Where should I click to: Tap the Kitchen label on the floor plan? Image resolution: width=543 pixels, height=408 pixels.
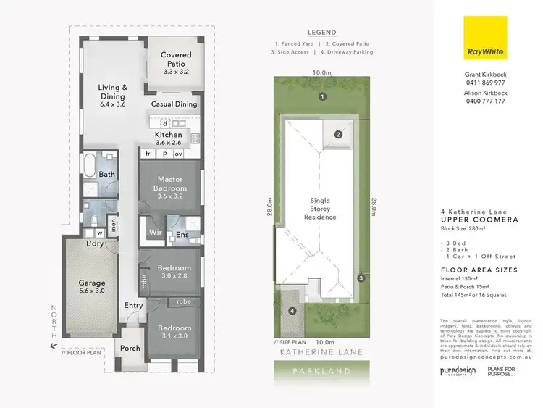pos(169,136)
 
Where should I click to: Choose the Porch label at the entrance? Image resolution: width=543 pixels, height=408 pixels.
pos(130,348)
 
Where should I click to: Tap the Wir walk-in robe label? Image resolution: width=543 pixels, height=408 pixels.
pos(155,233)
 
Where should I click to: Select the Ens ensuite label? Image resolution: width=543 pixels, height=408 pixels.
pos(182,234)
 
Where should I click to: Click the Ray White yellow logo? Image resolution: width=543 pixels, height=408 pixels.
pos(485,37)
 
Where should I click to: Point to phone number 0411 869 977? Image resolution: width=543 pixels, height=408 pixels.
pos(485,83)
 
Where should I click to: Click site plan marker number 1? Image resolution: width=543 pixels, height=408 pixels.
pos(323,96)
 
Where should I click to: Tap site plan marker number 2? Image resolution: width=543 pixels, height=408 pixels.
pos(338,134)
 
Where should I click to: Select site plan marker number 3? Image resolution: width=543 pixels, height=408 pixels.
pos(361,278)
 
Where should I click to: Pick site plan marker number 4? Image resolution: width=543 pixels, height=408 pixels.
pos(292,311)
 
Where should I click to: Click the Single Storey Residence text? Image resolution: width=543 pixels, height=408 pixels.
pos(319,209)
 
